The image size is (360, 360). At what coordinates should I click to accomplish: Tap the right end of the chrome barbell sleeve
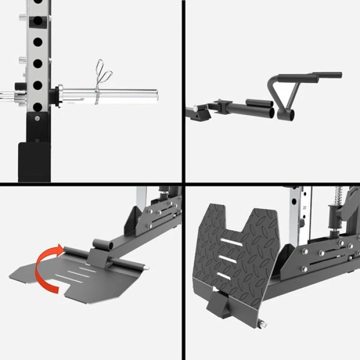click(x=155, y=94)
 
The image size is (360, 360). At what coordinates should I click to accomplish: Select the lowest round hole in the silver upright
click(x=37, y=106)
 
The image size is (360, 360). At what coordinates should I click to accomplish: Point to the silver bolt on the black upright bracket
click(x=38, y=119)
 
